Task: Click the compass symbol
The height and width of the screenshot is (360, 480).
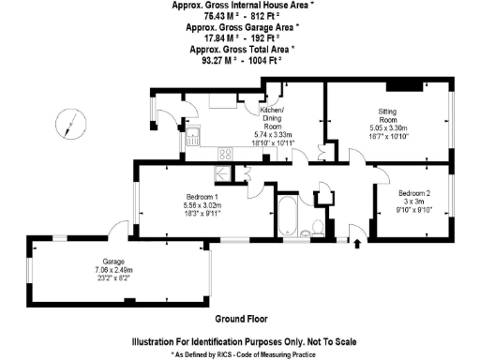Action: [67, 123]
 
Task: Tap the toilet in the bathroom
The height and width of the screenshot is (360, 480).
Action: [316, 229]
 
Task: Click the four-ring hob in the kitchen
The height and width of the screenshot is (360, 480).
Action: [224, 153]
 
